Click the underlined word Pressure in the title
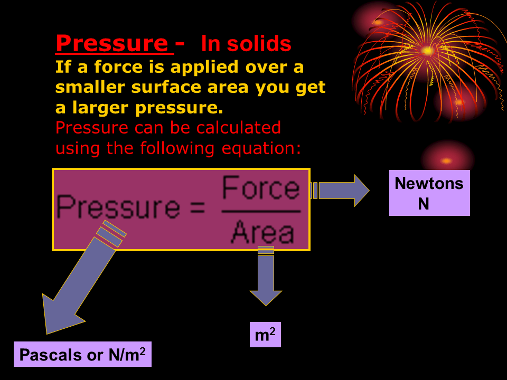pyautogui.click(x=111, y=43)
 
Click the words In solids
pyautogui.click(x=246, y=45)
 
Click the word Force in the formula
pyautogui.click(x=261, y=188)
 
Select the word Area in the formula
pyautogui.click(x=262, y=232)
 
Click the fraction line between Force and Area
pyautogui.click(x=261, y=211)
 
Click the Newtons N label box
pyautogui.click(x=429, y=193)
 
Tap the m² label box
pyautogui.click(x=265, y=335)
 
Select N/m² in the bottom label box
pyautogui.click(x=127, y=354)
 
